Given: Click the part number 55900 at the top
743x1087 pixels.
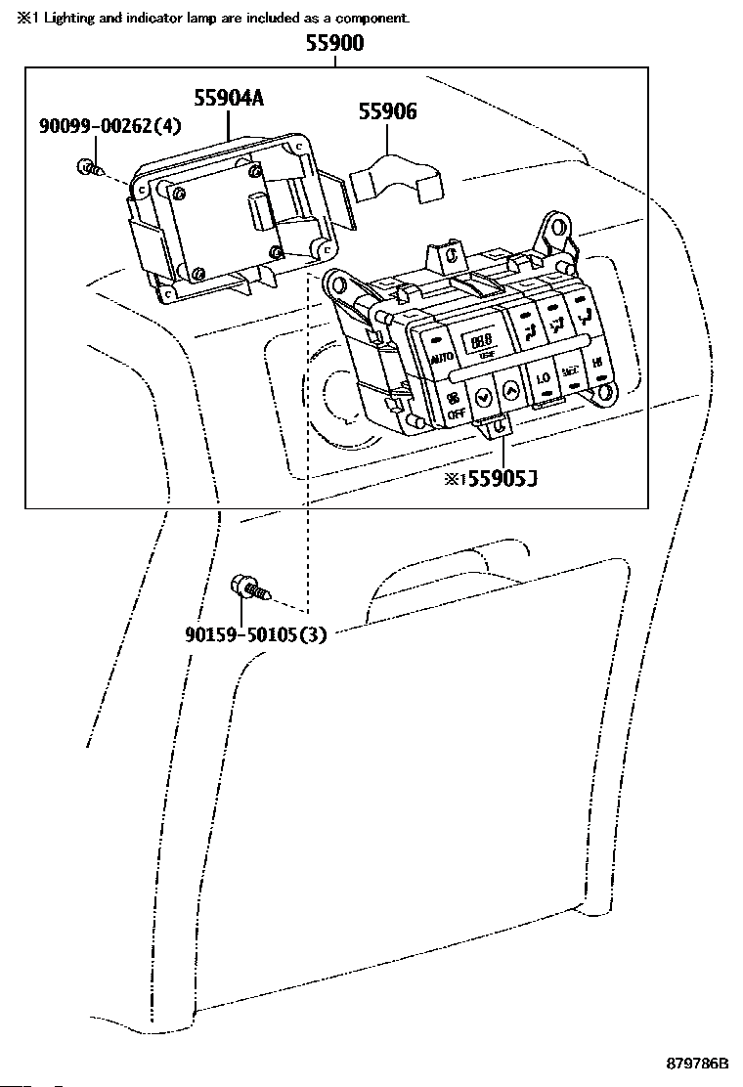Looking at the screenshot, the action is tap(334, 43).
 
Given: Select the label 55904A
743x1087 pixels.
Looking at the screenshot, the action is tap(229, 97).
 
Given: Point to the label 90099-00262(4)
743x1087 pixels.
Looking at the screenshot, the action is tap(110, 126).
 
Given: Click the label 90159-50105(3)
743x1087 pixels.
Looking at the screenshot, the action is tap(255, 634).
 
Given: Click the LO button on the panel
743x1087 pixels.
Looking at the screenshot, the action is tap(542, 376).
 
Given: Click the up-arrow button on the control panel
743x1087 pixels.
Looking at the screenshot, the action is tap(509, 390).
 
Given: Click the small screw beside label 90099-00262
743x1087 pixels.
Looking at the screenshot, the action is tap(87, 167).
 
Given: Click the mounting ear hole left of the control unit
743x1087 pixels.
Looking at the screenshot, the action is tap(338, 285).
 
